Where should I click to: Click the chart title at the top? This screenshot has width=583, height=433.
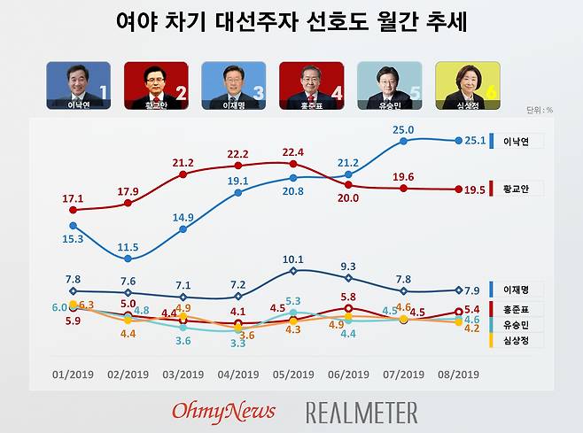click(x=291, y=21)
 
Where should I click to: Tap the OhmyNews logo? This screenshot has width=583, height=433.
click(x=223, y=411)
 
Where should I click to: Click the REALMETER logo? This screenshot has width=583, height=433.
click(x=361, y=412)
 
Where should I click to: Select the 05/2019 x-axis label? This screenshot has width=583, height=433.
click(x=293, y=374)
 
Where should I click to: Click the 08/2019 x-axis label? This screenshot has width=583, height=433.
click(x=458, y=374)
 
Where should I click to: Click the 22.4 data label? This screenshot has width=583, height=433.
click(x=292, y=151)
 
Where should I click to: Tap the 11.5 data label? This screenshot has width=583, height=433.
click(x=128, y=246)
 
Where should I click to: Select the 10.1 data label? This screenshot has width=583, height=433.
click(x=293, y=259)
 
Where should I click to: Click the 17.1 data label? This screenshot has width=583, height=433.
click(x=73, y=198)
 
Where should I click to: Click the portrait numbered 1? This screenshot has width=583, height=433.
click(x=79, y=85)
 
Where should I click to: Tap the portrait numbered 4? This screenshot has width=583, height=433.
click(x=311, y=85)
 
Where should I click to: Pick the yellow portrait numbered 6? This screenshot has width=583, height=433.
click(x=467, y=85)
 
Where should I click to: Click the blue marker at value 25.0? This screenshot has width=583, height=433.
click(x=404, y=140)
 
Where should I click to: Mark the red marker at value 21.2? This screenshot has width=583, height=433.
click(x=183, y=174)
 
